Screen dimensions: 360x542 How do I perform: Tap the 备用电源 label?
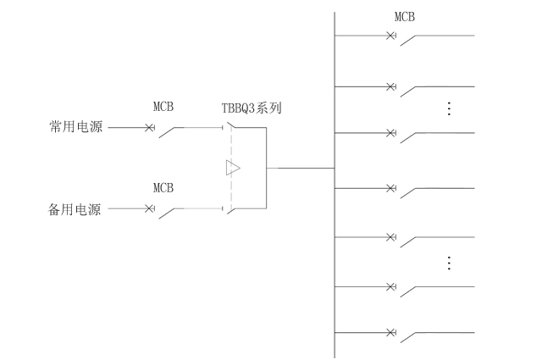coord(75,209)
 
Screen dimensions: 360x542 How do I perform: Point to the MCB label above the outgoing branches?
coord(405,16)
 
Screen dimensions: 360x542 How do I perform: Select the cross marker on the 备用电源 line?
coord(150,208)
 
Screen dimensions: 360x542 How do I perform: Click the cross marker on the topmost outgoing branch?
coord(390,36)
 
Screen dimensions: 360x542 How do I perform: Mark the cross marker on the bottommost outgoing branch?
coord(390,332)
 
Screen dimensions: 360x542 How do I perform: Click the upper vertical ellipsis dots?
coord(449,108)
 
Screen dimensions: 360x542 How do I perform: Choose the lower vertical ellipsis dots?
coord(449,263)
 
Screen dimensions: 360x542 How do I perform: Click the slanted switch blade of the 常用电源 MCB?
coord(173,132)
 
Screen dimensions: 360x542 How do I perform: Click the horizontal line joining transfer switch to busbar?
coord(301,168)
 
